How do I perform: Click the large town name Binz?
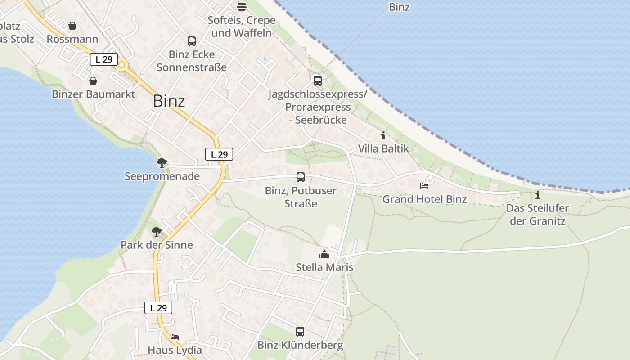tap(169, 101)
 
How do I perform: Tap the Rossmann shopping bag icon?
tap(72, 26)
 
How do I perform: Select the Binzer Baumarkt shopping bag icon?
tap(93, 81)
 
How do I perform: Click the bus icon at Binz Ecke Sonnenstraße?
tap(192, 41)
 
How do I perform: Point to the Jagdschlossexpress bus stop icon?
tap(318, 81)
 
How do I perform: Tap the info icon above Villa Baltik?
tap(383, 135)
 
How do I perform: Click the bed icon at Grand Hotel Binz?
tap(424, 185)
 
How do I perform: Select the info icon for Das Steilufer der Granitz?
tap(537, 195)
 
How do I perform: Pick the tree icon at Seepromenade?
tap(162, 163)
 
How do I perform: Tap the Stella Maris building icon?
tap(324, 255)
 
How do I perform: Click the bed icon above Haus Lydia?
tap(175, 337)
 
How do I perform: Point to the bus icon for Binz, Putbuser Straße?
tap(301, 177)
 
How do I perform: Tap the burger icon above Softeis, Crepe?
tap(242, 7)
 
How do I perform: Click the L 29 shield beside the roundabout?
tap(104, 59)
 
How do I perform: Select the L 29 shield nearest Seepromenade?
tap(219, 154)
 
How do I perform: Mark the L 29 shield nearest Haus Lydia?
tap(158, 308)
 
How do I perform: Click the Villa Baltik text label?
tap(383, 148)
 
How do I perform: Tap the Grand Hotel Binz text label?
tap(424, 199)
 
